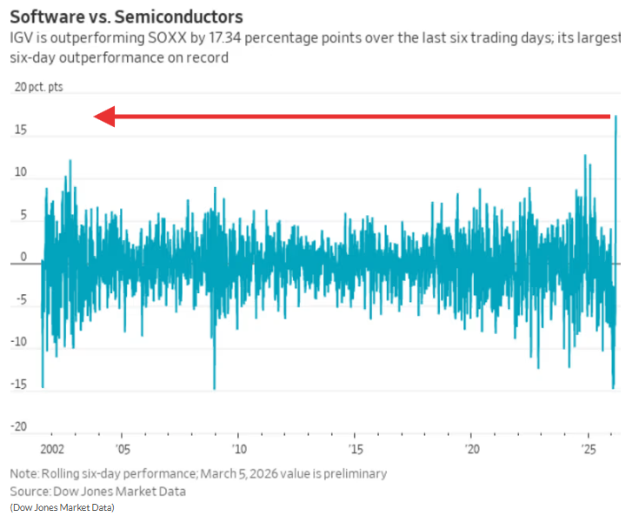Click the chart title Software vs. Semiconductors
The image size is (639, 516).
pos(126,17)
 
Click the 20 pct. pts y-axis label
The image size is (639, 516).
pos(38,87)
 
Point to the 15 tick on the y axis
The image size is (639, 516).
pos(20,131)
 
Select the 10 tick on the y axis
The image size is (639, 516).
pos(20,173)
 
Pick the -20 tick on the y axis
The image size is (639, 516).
pos(18,427)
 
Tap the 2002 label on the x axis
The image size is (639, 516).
pos(52,450)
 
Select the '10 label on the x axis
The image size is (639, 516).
pos(238,450)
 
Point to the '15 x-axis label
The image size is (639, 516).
pos(355,450)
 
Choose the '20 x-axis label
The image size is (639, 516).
pos(472,450)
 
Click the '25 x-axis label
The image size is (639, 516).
pos(589,450)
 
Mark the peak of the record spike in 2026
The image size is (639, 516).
pos(616,117)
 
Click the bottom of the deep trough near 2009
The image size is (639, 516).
pos(214,388)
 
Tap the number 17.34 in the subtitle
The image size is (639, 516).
pos(227,39)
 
